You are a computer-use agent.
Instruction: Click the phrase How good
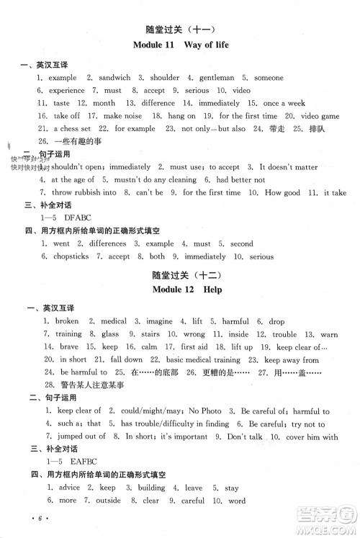[x=283, y=192]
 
